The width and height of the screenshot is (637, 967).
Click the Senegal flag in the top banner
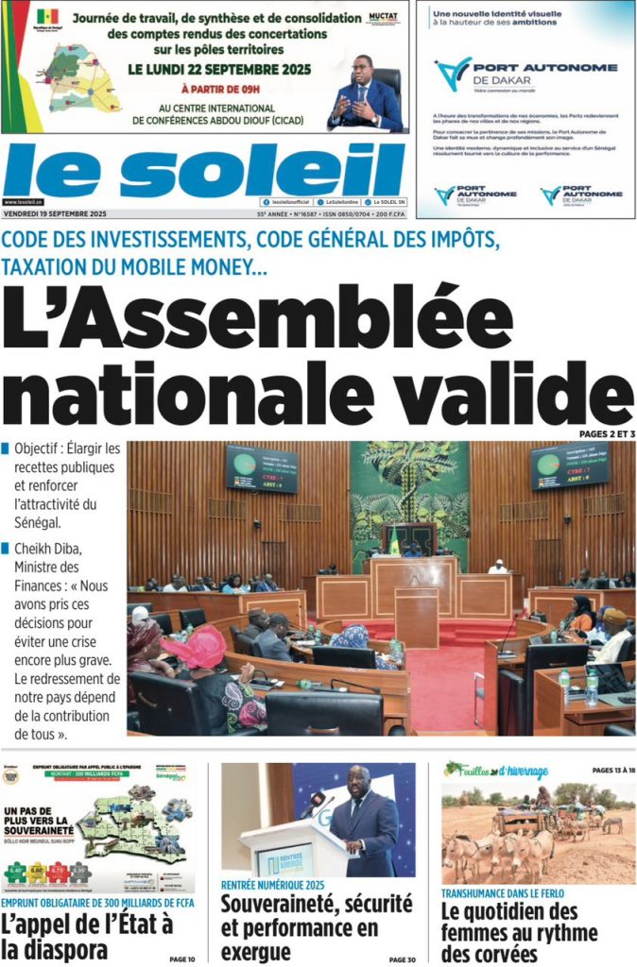pos(47,16)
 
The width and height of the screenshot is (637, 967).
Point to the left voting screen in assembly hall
pos(262,468)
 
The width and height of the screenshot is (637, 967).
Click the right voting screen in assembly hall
pos(569,465)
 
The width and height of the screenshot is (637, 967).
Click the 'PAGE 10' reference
pos(182,959)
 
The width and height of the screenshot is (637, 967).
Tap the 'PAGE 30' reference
pos(402,959)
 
